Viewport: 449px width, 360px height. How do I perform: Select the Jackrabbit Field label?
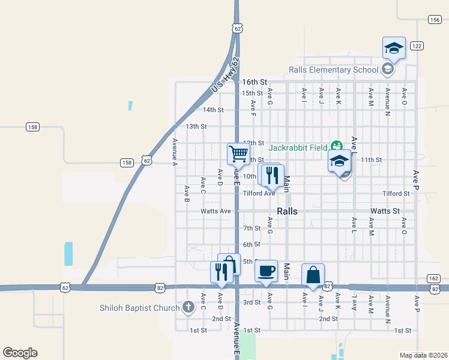tap(298, 147)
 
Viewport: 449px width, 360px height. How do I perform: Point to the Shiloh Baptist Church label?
tap(140, 308)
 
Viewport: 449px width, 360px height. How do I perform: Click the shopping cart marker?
tap(238, 154)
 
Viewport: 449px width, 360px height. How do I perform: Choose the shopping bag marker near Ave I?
tap(313, 275)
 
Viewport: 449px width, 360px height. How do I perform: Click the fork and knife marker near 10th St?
tap(273, 175)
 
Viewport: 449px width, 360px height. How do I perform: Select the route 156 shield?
tap(435, 20)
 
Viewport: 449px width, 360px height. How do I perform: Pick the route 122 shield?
tap(417, 46)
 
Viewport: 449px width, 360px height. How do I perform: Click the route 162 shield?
tap(433, 278)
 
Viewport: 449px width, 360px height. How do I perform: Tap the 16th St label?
tap(254, 82)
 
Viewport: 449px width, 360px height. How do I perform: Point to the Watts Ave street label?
tap(215, 211)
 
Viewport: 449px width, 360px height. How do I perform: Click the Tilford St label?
tap(396, 194)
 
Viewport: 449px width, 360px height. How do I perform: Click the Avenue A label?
tap(175, 152)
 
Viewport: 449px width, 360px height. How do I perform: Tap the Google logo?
tap(20, 353)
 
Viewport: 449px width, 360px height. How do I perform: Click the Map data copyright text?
tap(423, 355)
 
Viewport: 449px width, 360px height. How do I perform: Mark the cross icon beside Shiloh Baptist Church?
tap(188, 308)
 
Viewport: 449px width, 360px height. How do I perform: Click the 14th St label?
tap(213, 110)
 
